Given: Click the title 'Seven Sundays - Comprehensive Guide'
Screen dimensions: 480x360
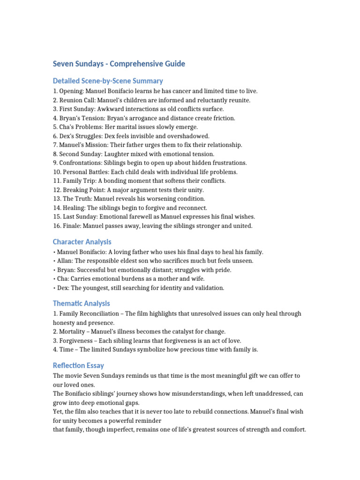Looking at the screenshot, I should pos(119,64).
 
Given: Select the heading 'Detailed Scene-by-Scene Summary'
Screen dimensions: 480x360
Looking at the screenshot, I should pos(108,81).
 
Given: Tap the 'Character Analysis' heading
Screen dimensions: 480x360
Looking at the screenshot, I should pos(82,242).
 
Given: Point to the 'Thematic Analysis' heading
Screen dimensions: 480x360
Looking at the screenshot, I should pos(82,303).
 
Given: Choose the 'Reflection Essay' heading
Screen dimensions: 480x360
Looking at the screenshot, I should pos(78,365).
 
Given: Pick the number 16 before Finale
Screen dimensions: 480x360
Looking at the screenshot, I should pos(56,226).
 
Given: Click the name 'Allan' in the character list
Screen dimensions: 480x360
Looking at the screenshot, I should pos(65,261).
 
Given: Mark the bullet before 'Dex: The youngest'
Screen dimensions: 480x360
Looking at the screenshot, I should pos(54,288).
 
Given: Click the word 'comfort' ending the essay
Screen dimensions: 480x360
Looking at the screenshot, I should pos(293,429).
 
